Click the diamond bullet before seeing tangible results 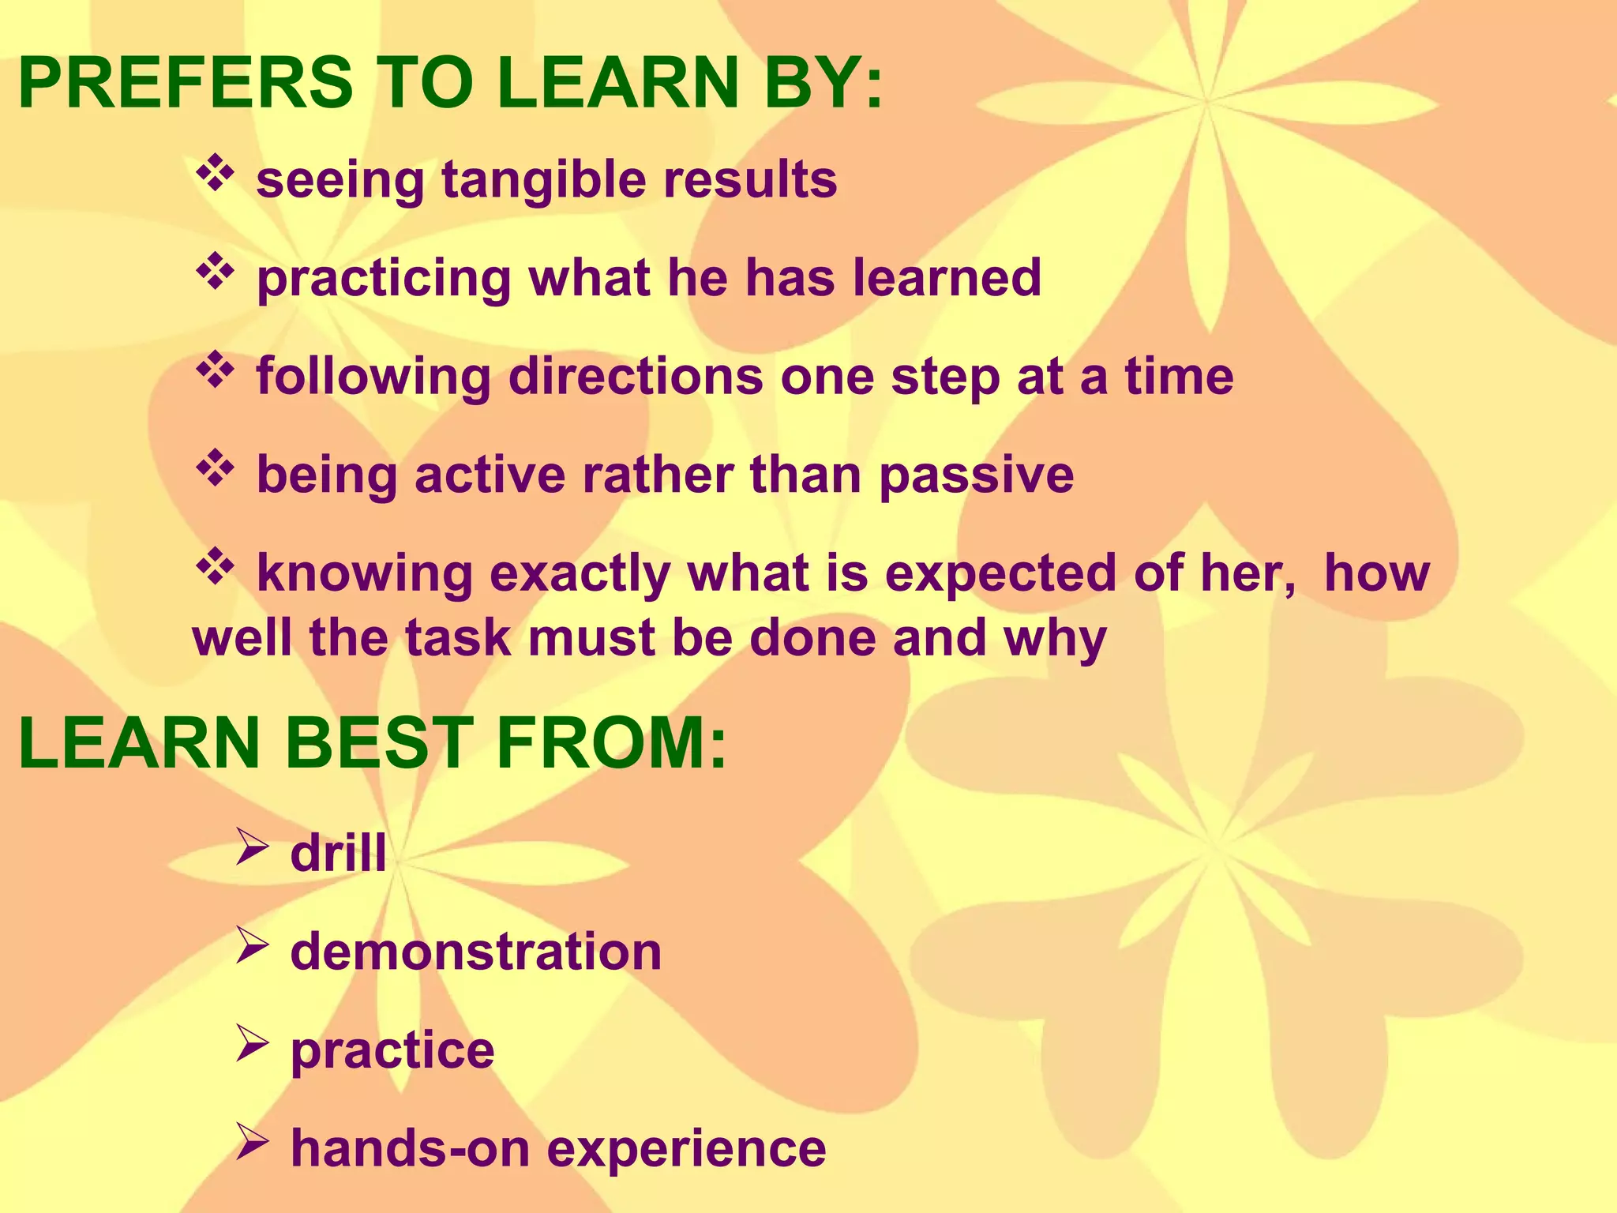pos(215,175)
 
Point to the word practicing pos(384,280)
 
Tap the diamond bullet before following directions pos(215,371)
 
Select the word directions pos(636,377)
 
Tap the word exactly pos(580,575)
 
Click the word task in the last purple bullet pos(458,638)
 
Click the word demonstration pos(475,952)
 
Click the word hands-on pos(410,1148)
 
